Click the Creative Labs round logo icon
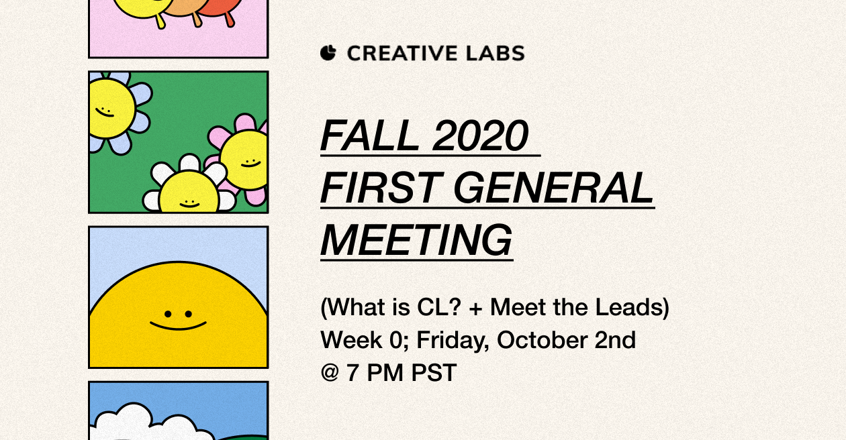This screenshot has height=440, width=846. (x=328, y=53)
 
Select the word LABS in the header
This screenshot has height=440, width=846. (x=496, y=53)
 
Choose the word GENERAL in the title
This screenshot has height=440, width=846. (x=554, y=188)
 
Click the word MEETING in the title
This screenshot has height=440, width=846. (x=416, y=240)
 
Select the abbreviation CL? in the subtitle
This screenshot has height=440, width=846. (x=439, y=307)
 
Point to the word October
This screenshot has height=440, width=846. (x=542, y=340)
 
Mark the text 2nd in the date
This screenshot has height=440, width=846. (x=615, y=340)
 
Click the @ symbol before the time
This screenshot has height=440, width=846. (x=330, y=372)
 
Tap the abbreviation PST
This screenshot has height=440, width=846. (x=434, y=373)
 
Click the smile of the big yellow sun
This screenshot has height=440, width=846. (x=179, y=326)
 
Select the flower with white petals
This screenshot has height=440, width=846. (x=189, y=185)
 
